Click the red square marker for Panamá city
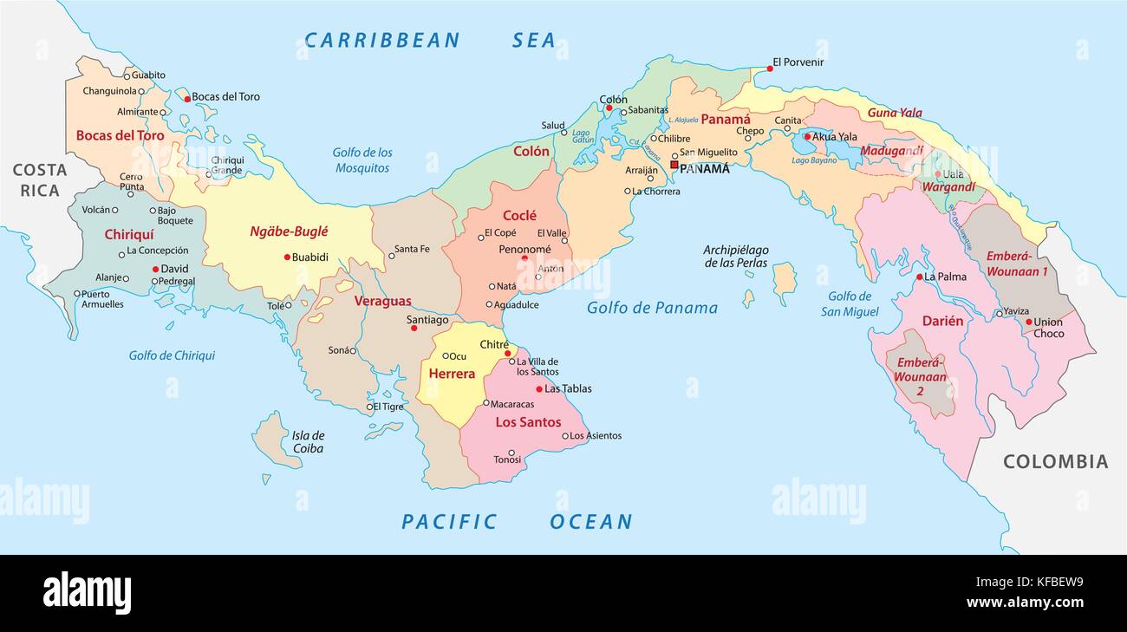point(674,165)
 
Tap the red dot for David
point(155,269)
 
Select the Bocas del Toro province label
point(120,135)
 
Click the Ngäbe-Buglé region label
point(289,231)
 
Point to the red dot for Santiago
point(414,329)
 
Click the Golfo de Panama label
point(652,308)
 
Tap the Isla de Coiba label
point(308,442)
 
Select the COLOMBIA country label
point(1055,462)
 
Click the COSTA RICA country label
point(40,179)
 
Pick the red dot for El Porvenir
point(769,68)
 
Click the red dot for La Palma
point(919,277)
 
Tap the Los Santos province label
point(528,422)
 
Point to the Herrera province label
point(452,374)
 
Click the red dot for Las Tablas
point(538,389)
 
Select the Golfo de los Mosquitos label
point(362,160)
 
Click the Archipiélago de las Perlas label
point(735,257)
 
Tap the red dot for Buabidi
point(286,257)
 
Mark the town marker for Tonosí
point(511,453)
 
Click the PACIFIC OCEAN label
point(517,521)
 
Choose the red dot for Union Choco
point(1028,323)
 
